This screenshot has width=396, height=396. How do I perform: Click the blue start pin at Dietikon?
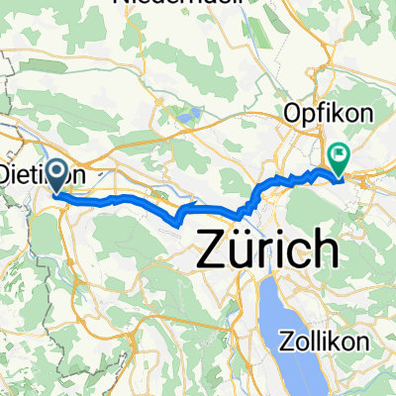click(x=56, y=177)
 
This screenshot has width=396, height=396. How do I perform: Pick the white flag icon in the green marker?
click(x=342, y=153)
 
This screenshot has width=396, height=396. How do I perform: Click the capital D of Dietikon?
click(x=6, y=175)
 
